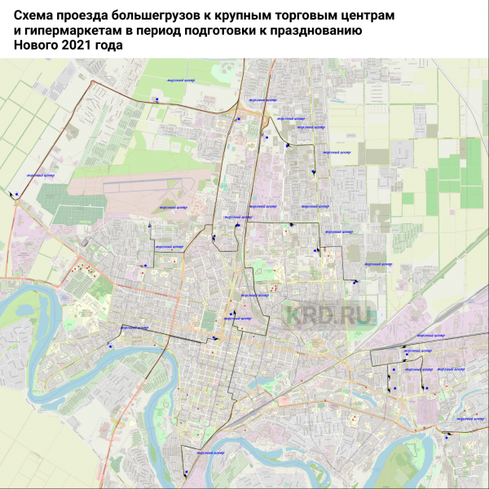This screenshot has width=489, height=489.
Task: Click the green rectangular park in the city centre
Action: (x=209, y=319)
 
